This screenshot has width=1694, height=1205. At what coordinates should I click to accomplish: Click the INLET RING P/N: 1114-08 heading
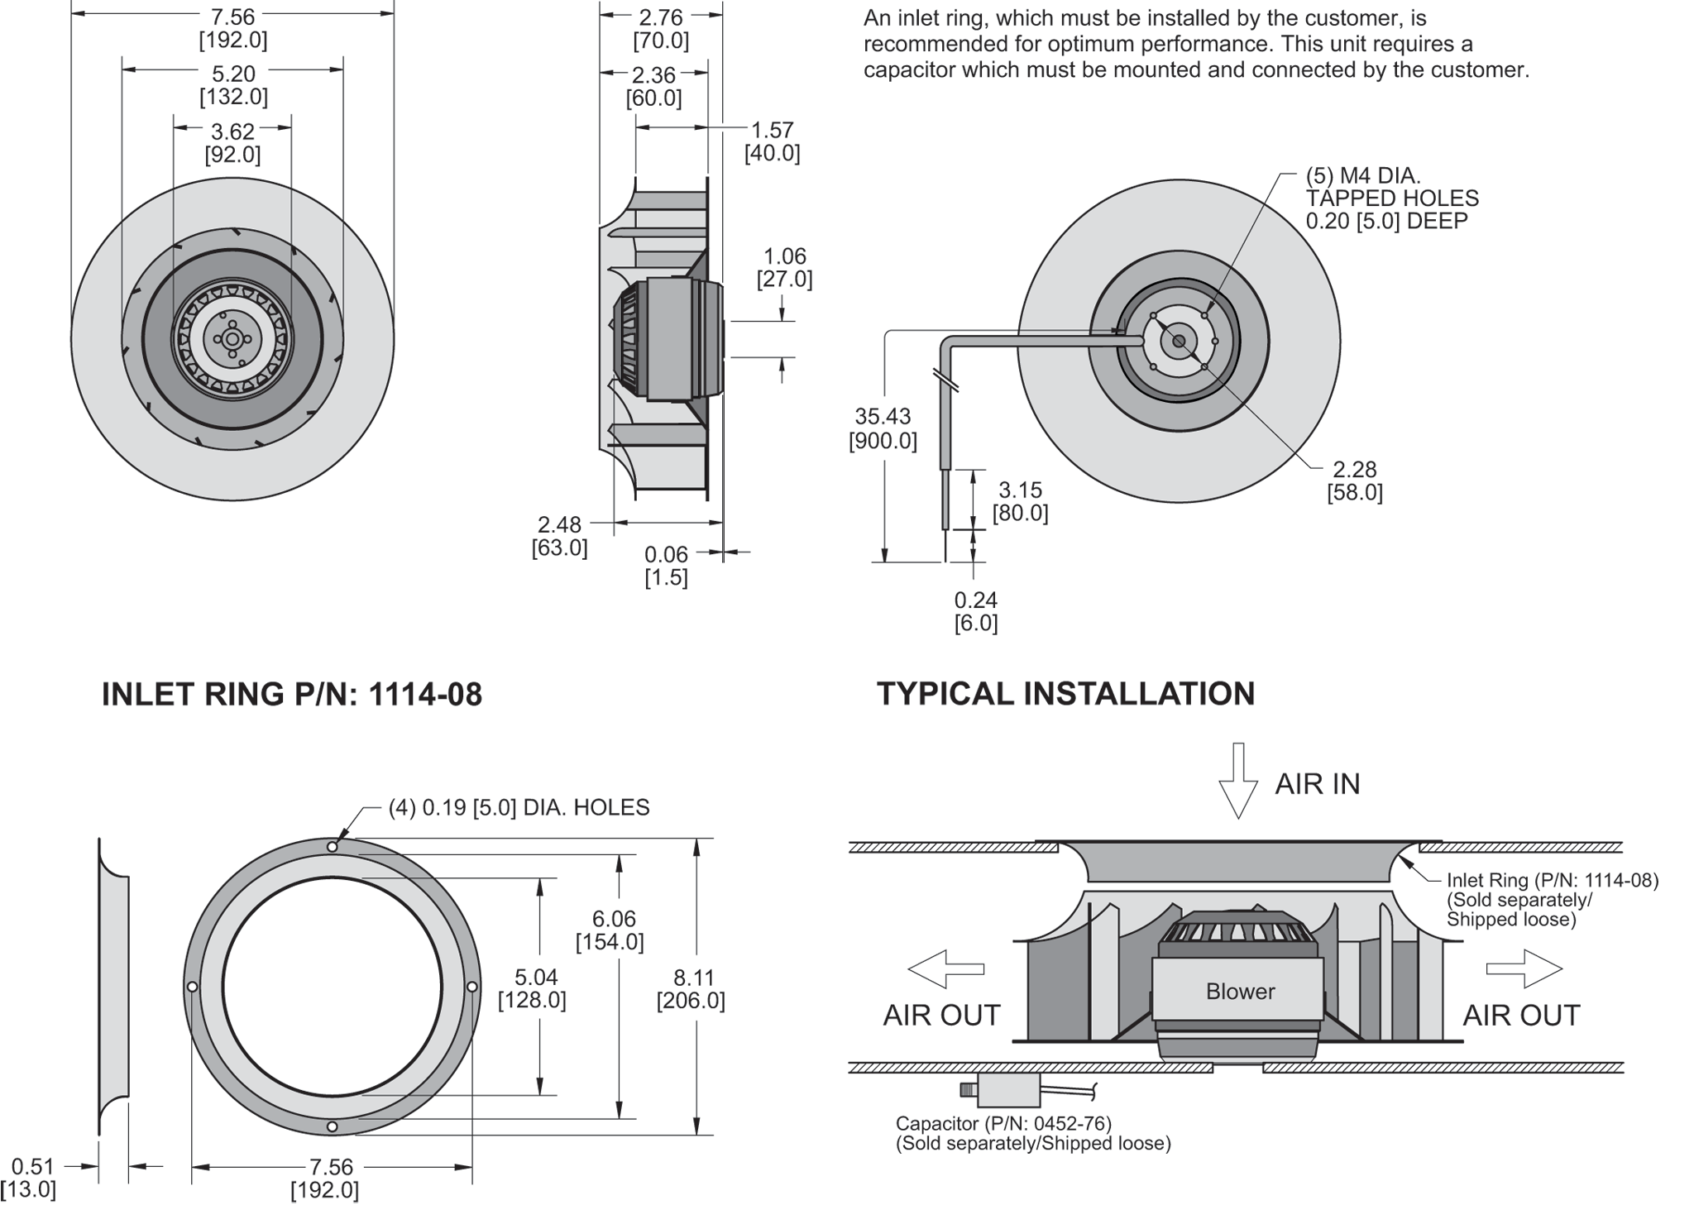291,694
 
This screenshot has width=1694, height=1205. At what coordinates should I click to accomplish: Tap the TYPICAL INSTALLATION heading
1065,693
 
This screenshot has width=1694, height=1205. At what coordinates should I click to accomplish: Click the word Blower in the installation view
1240,991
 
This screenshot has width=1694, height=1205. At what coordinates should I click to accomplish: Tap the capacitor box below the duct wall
1008,1089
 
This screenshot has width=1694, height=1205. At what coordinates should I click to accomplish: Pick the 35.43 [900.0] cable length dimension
883,428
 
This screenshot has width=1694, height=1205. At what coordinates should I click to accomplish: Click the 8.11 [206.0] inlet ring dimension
691,989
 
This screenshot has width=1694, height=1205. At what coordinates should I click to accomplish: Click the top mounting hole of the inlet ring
332,847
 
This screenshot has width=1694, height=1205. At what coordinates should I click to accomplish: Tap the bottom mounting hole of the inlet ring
332,1126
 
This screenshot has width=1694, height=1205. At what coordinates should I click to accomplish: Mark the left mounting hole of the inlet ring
192,987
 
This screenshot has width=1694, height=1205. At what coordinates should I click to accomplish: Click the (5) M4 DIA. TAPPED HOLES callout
1391,198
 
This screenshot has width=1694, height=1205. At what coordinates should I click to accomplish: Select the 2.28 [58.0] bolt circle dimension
1354,481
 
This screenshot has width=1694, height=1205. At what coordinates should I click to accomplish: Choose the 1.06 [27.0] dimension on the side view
784,267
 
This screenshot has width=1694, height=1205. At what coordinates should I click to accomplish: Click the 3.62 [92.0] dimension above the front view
233,142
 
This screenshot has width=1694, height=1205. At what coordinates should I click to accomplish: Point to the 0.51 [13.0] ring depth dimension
33,1178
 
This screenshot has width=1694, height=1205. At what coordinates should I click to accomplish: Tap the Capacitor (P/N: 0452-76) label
1003,1123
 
